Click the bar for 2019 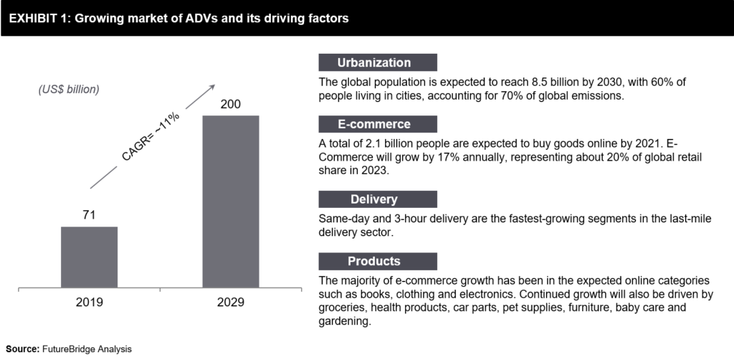coord(89,257)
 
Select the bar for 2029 coord(230,202)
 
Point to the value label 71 coord(89,214)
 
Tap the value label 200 coord(230,105)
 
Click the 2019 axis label coord(89,303)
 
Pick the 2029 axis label coord(230,303)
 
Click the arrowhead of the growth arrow coord(211,87)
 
